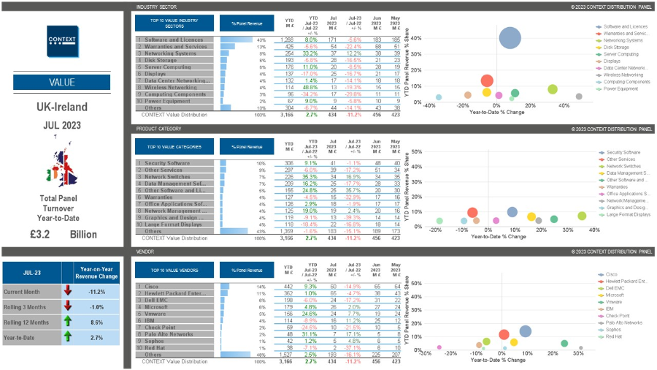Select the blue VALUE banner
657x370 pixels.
pyautogui.click(x=61, y=82)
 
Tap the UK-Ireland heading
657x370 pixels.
pyautogui.click(x=61, y=107)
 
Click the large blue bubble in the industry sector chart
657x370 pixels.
pyautogui.click(x=510, y=39)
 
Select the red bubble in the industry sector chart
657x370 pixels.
pyautogui.click(x=487, y=81)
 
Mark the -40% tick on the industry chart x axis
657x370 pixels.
pyautogui.click(x=429, y=105)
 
